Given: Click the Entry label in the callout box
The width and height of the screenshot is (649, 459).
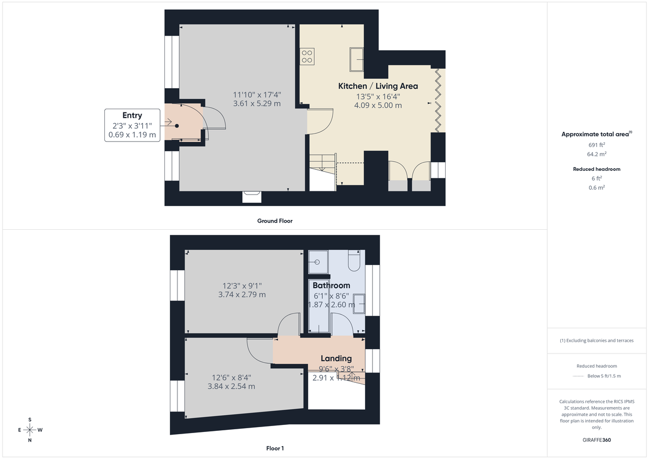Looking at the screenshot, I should coord(132,115).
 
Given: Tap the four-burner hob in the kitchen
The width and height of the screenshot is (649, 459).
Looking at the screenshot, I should coord(307,57).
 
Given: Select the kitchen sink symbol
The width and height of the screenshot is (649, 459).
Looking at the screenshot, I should coord(357,59).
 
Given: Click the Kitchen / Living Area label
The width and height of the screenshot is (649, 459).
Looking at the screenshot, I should coord(378,86).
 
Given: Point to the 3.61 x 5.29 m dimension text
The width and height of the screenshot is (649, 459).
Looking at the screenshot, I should coord(257,104).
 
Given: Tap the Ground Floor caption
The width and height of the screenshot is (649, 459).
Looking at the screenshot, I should coord(275,221).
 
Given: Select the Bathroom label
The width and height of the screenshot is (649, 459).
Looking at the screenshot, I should coord(331,285).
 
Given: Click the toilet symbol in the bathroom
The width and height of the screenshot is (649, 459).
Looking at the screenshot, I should coord(355,262).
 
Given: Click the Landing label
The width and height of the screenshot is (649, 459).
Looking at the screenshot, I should coord(336,358).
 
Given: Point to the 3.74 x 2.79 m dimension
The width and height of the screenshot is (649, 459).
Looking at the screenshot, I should coord(242,295).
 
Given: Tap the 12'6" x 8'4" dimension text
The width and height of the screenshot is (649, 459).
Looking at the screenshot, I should coord(231,377).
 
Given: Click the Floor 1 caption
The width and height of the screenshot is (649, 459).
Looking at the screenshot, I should coord(275,448).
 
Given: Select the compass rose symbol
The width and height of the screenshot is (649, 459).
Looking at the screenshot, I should coord(30,430).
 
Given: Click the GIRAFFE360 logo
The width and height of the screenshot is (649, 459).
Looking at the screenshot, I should coord(597,440).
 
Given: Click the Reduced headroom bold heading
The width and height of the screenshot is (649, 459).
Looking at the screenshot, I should coord(597,169).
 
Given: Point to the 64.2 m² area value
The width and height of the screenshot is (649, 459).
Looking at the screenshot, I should coord(597,154).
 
